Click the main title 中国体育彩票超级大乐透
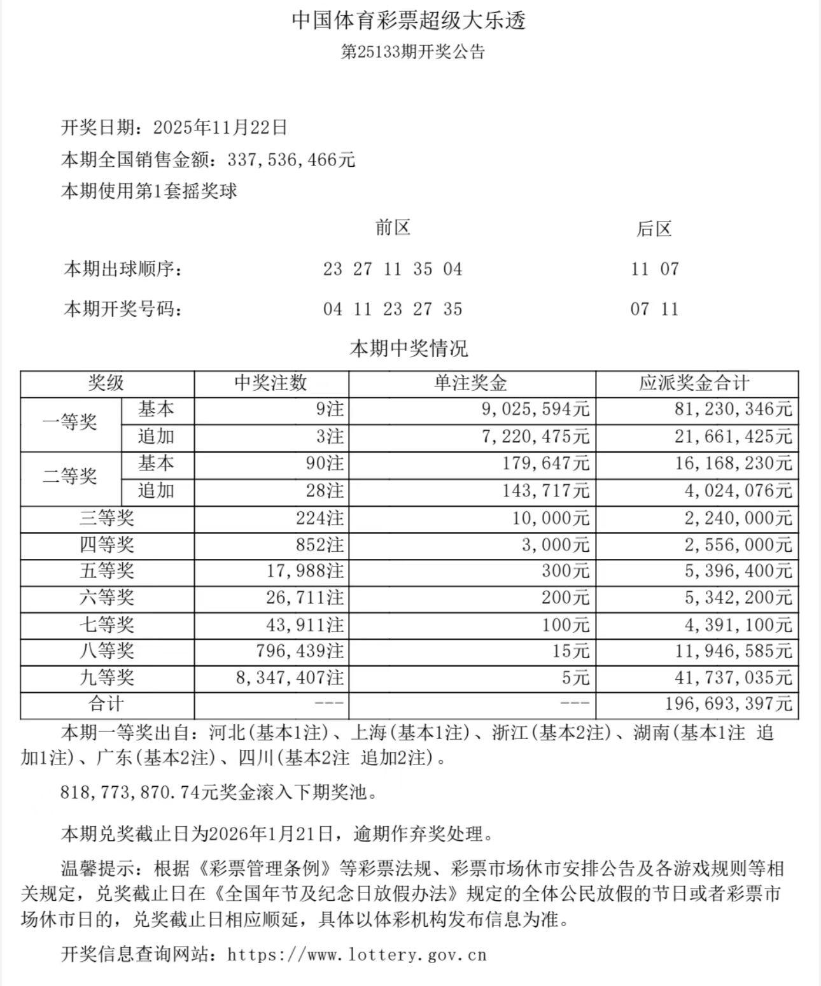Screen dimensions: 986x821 point(409,21)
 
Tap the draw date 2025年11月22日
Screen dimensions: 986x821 point(220,127)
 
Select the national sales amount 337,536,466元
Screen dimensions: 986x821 point(291,159)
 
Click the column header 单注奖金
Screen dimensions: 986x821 point(472,383)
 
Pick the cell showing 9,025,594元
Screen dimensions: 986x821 point(535,409)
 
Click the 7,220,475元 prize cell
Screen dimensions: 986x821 point(535,437)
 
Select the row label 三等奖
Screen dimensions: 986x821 point(107,518)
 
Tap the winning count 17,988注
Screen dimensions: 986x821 point(305,571)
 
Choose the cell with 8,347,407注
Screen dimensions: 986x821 point(290,678)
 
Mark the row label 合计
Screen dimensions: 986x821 point(106,704)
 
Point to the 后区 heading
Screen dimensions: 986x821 point(654,229)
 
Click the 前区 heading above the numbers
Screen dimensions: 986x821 point(393,228)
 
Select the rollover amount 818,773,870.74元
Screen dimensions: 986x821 point(139,792)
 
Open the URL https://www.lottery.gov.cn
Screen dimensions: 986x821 point(357,955)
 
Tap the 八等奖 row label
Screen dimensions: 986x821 point(107,651)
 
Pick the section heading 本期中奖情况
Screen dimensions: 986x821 point(409,348)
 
